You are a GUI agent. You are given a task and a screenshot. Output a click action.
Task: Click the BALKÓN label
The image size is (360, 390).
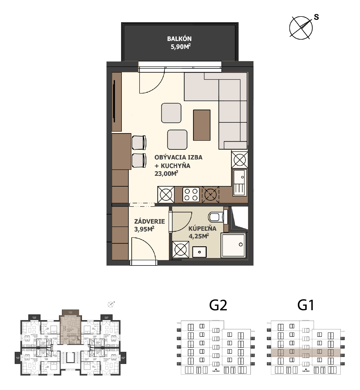(179, 38)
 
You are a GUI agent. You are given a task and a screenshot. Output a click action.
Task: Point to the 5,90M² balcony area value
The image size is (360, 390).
(180, 46)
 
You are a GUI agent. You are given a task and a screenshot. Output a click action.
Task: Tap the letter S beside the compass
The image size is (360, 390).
(316, 17)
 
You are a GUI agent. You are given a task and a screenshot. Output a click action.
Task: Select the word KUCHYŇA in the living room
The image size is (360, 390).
(175, 166)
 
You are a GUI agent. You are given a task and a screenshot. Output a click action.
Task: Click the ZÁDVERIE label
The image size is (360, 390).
(149, 221)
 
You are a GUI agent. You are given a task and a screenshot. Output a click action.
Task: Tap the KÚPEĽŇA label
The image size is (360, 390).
(202, 228)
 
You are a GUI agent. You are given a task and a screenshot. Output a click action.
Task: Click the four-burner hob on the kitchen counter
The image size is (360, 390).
(191, 194)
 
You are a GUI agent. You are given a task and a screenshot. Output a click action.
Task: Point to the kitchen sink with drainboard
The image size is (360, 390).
(240, 182)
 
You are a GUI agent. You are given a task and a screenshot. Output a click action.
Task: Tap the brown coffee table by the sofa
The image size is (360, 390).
(202, 125)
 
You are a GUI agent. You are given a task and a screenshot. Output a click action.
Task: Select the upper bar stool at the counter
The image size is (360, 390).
(139, 142)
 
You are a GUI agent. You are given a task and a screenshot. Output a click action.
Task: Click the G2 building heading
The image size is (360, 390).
(218, 305)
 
